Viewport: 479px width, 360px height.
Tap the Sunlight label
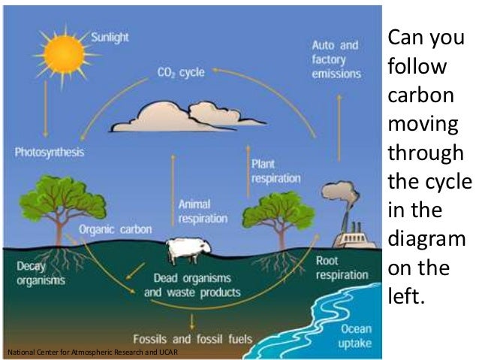coord(110,36)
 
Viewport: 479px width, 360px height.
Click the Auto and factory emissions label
coord(336,59)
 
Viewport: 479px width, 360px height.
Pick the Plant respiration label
coord(276,171)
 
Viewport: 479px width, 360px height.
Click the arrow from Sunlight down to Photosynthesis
coord(47,109)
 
